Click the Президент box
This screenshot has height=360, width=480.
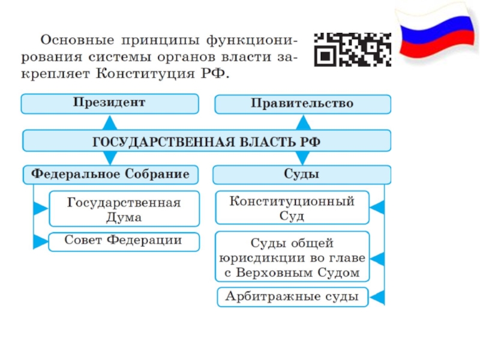[x=109, y=103]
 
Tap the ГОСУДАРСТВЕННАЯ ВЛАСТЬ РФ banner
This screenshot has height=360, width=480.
[x=206, y=142]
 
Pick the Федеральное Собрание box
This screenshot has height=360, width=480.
[x=110, y=175]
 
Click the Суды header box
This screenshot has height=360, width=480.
[x=301, y=175]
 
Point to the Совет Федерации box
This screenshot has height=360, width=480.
[x=124, y=241]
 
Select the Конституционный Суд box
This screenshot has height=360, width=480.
[x=292, y=208]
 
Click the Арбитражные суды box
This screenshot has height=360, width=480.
[x=292, y=296]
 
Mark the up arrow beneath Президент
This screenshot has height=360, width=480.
[x=109, y=122]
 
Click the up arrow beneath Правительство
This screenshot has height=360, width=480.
[x=304, y=122]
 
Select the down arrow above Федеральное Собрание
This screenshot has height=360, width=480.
[x=109, y=158]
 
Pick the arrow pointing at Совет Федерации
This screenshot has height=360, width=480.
[x=40, y=242]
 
